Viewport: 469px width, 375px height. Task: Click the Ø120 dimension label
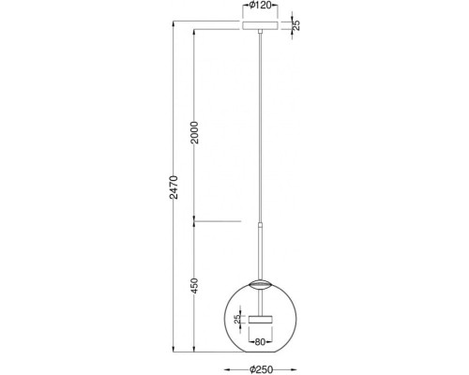point(260,6)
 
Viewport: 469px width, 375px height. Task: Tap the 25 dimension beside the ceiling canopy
point(295,25)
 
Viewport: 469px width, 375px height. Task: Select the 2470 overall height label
point(174,187)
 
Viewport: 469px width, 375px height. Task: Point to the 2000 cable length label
point(194,132)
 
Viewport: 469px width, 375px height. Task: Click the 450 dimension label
point(194,285)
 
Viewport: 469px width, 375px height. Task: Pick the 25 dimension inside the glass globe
point(237,319)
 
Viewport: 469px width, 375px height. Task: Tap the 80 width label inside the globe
point(260,342)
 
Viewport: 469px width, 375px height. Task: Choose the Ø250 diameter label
point(261,369)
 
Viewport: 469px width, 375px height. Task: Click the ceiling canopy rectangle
point(260,25)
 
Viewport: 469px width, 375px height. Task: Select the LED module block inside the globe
point(260,320)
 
